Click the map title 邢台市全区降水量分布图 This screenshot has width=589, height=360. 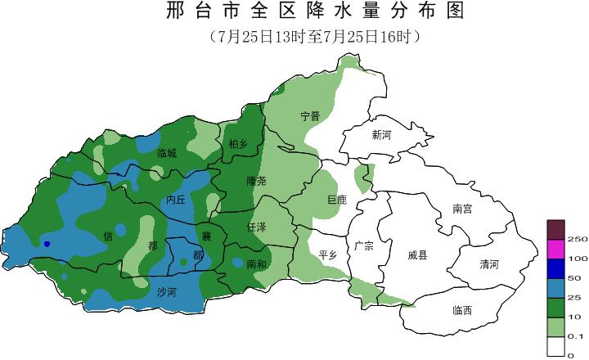(x=314, y=11)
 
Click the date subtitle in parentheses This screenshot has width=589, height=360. (x=314, y=37)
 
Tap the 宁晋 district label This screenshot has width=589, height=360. (x=310, y=116)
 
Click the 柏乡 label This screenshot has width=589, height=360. (x=238, y=145)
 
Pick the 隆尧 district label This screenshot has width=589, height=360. (x=256, y=180)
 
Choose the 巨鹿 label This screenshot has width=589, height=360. (x=336, y=200)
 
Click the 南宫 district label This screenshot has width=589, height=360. (x=463, y=209)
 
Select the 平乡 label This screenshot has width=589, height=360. (x=328, y=254)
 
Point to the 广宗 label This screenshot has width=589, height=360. (x=364, y=245)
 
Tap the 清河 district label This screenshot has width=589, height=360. (x=489, y=263)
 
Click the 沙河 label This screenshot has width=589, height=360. (x=166, y=290)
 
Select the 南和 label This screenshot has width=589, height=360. (x=256, y=263)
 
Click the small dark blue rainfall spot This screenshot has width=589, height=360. (x=47, y=244)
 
